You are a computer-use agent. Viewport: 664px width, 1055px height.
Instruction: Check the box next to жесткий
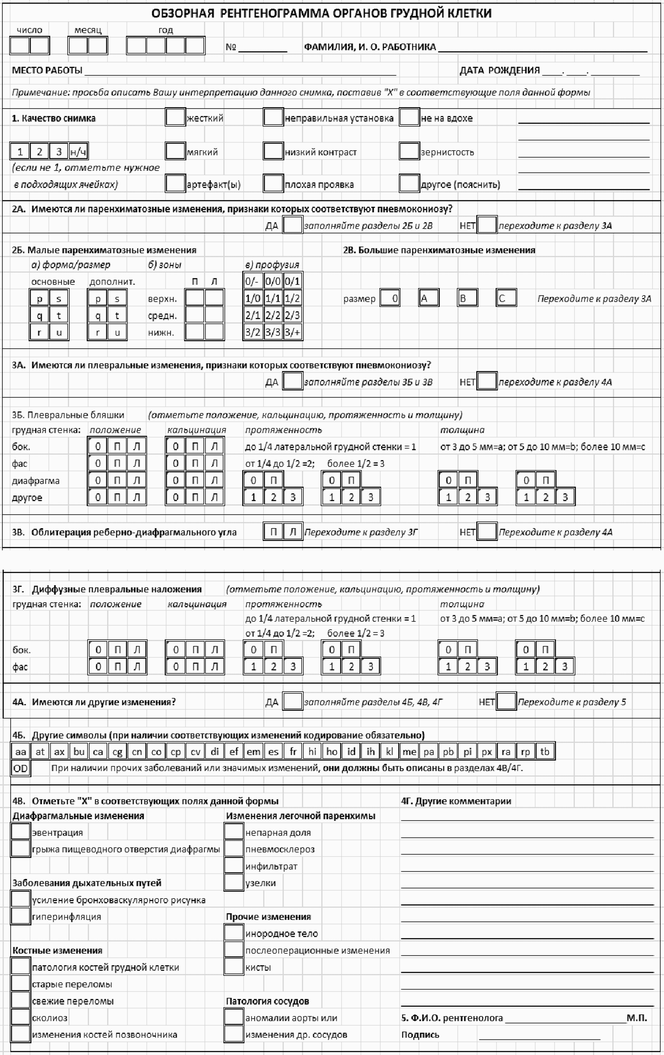[175, 117]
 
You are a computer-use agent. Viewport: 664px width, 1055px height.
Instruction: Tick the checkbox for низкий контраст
[273, 151]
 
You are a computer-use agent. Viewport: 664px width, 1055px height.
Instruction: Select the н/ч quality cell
[78, 152]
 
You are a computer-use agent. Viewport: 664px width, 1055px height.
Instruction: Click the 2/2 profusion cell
[273, 315]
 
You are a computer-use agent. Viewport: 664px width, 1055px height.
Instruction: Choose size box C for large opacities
[506, 298]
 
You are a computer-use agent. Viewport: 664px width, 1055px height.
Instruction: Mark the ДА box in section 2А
[292, 225]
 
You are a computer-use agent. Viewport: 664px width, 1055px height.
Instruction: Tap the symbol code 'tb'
[545, 751]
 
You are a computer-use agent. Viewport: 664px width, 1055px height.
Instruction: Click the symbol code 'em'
[253, 751]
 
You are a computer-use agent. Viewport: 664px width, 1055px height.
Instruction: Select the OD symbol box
[20, 768]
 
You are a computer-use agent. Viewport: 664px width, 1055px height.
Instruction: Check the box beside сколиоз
[20, 1017]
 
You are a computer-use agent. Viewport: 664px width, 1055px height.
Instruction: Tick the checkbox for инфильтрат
[234, 866]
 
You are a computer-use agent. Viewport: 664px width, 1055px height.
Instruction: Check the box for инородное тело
[234, 933]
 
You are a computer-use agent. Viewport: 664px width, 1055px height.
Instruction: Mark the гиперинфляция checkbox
[20, 916]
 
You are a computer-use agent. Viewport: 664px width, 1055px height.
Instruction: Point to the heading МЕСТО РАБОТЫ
[47, 70]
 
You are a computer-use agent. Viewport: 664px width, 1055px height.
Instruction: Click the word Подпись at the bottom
[420, 1035]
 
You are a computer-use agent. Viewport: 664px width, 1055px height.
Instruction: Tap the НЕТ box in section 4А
[506, 701]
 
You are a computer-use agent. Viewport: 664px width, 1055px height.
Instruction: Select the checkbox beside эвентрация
[20, 832]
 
